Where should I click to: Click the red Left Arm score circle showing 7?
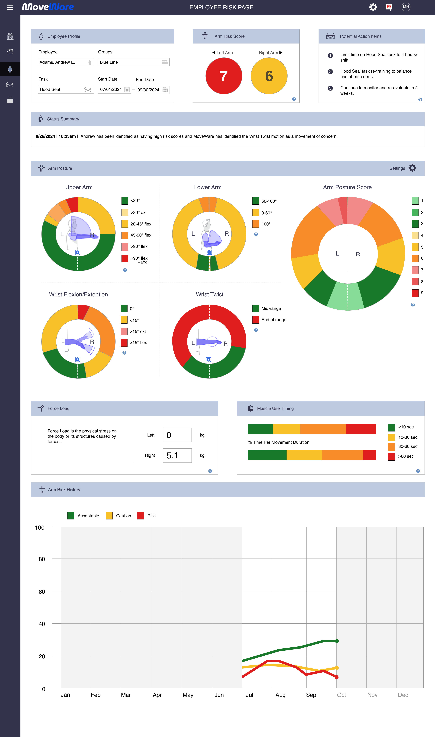click(224, 76)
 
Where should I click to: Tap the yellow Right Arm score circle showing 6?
click(269, 76)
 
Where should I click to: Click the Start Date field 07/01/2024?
click(114, 90)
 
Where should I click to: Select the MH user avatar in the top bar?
click(406, 7)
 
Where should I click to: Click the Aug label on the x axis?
click(280, 695)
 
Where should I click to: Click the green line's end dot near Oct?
click(337, 641)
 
